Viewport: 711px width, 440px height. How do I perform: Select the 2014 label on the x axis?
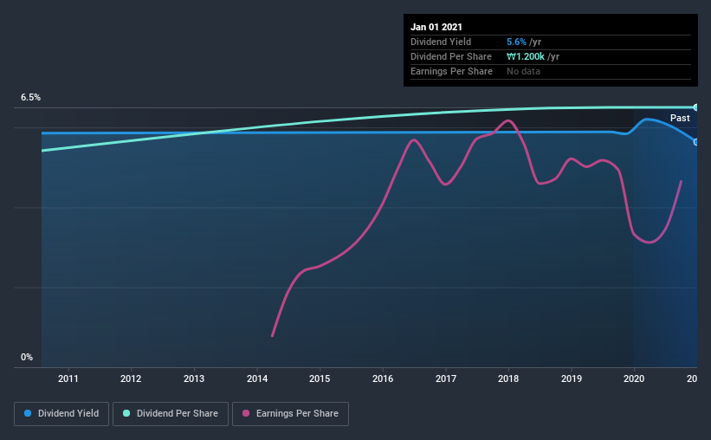pyautogui.click(x=257, y=379)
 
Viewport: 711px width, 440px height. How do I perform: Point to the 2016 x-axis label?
pyautogui.click(x=383, y=379)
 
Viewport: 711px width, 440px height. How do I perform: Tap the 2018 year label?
pyautogui.click(x=508, y=379)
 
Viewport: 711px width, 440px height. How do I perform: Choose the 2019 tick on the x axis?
pyautogui.click(x=572, y=379)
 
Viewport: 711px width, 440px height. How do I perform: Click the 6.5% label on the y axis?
pyautogui.click(x=30, y=98)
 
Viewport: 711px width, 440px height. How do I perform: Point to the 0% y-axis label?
pyautogui.click(x=27, y=357)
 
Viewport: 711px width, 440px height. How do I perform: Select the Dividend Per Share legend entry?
pyautogui.click(x=171, y=414)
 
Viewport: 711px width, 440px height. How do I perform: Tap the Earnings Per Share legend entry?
pyautogui.click(x=290, y=414)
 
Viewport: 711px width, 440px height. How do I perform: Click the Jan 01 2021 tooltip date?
pyautogui.click(x=436, y=27)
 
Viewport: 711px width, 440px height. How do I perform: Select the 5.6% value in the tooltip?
pyautogui.click(x=517, y=42)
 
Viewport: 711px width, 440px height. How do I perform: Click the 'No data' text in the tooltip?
pyautogui.click(x=523, y=71)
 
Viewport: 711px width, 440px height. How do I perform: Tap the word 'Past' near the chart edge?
pyautogui.click(x=680, y=118)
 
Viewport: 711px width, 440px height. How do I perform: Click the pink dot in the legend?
pyautogui.click(x=246, y=414)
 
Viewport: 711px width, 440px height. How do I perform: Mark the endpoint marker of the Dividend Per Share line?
pyautogui.click(x=695, y=107)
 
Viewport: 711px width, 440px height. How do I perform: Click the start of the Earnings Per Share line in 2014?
pyautogui.click(x=272, y=336)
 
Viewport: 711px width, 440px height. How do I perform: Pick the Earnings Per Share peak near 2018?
pyautogui.click(x=509, y=120)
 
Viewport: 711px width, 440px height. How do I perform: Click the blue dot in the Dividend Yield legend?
pyautogui.click(x=29, y=414)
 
